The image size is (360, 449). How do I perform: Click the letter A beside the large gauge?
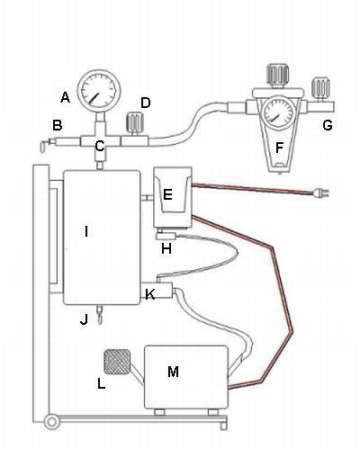[x=65, y=97]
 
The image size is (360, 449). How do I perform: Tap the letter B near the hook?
[x=58, y=125]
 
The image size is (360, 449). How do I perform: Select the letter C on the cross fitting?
[x=100, y=146]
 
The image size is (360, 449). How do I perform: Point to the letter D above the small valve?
[x=146, y=103]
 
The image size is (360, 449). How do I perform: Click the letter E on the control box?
[x=167, y=194]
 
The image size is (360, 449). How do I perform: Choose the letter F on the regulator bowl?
[x=279, y=148]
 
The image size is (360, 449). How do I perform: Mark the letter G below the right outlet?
[x=328, y=125]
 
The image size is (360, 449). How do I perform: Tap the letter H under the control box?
[x=166, y=248]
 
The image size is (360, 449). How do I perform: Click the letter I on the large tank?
[x=86, y=231]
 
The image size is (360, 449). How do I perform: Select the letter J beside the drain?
[x=85, y=319]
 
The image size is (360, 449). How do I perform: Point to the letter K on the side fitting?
[x=149, y=294]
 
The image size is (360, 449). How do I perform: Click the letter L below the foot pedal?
[x=102, y=383]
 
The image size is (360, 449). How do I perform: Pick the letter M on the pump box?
[x=173, y=372]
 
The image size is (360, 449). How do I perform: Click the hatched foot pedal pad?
[x=117, y=362]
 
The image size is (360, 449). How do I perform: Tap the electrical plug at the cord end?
[x=320, y=193]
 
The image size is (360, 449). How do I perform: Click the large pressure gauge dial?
[x=99, y=91]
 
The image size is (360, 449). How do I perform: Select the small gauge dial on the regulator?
[x=278, y=112]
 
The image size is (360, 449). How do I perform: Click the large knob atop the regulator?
[x=278, y=75]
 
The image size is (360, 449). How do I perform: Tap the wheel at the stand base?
[x=52, y=422]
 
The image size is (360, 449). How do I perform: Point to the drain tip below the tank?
[x=100, y=318]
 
